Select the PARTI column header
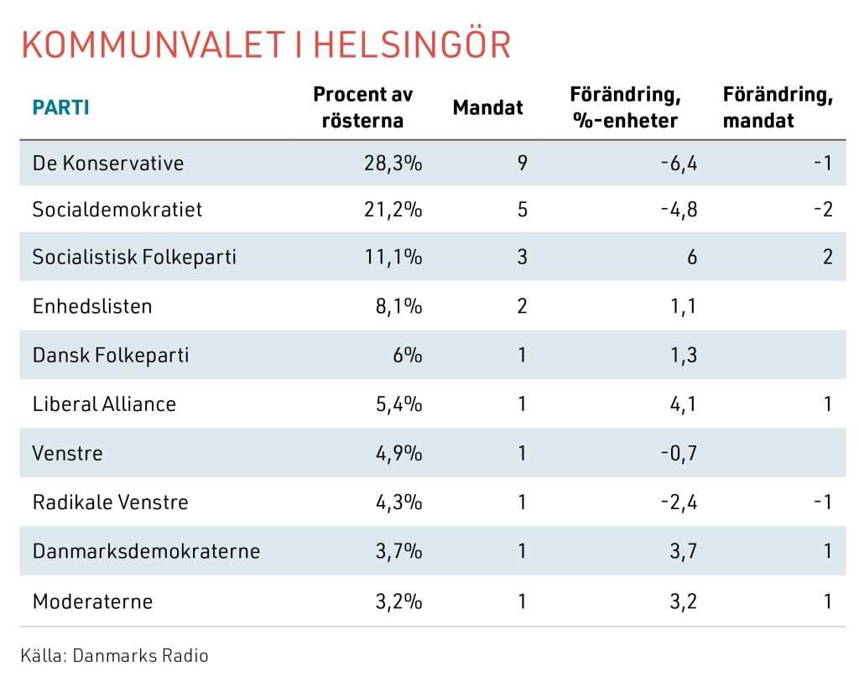coord(60,107)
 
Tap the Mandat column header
coord(487,107)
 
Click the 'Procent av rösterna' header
coord(363,107)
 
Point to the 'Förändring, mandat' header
coord(777,107)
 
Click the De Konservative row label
coord(108,163)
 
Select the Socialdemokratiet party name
coord(117,209)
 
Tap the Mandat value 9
coord(522,163)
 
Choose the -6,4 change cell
coord(679,163)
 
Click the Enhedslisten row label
coord(92,306)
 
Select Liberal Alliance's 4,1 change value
coord(685,404)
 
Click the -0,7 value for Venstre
coord(679,454)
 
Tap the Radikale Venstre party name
coord(110,502)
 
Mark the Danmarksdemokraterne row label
coord(146,551)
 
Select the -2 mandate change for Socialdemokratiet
coord(823,209)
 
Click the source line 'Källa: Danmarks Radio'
coord(114,655)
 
